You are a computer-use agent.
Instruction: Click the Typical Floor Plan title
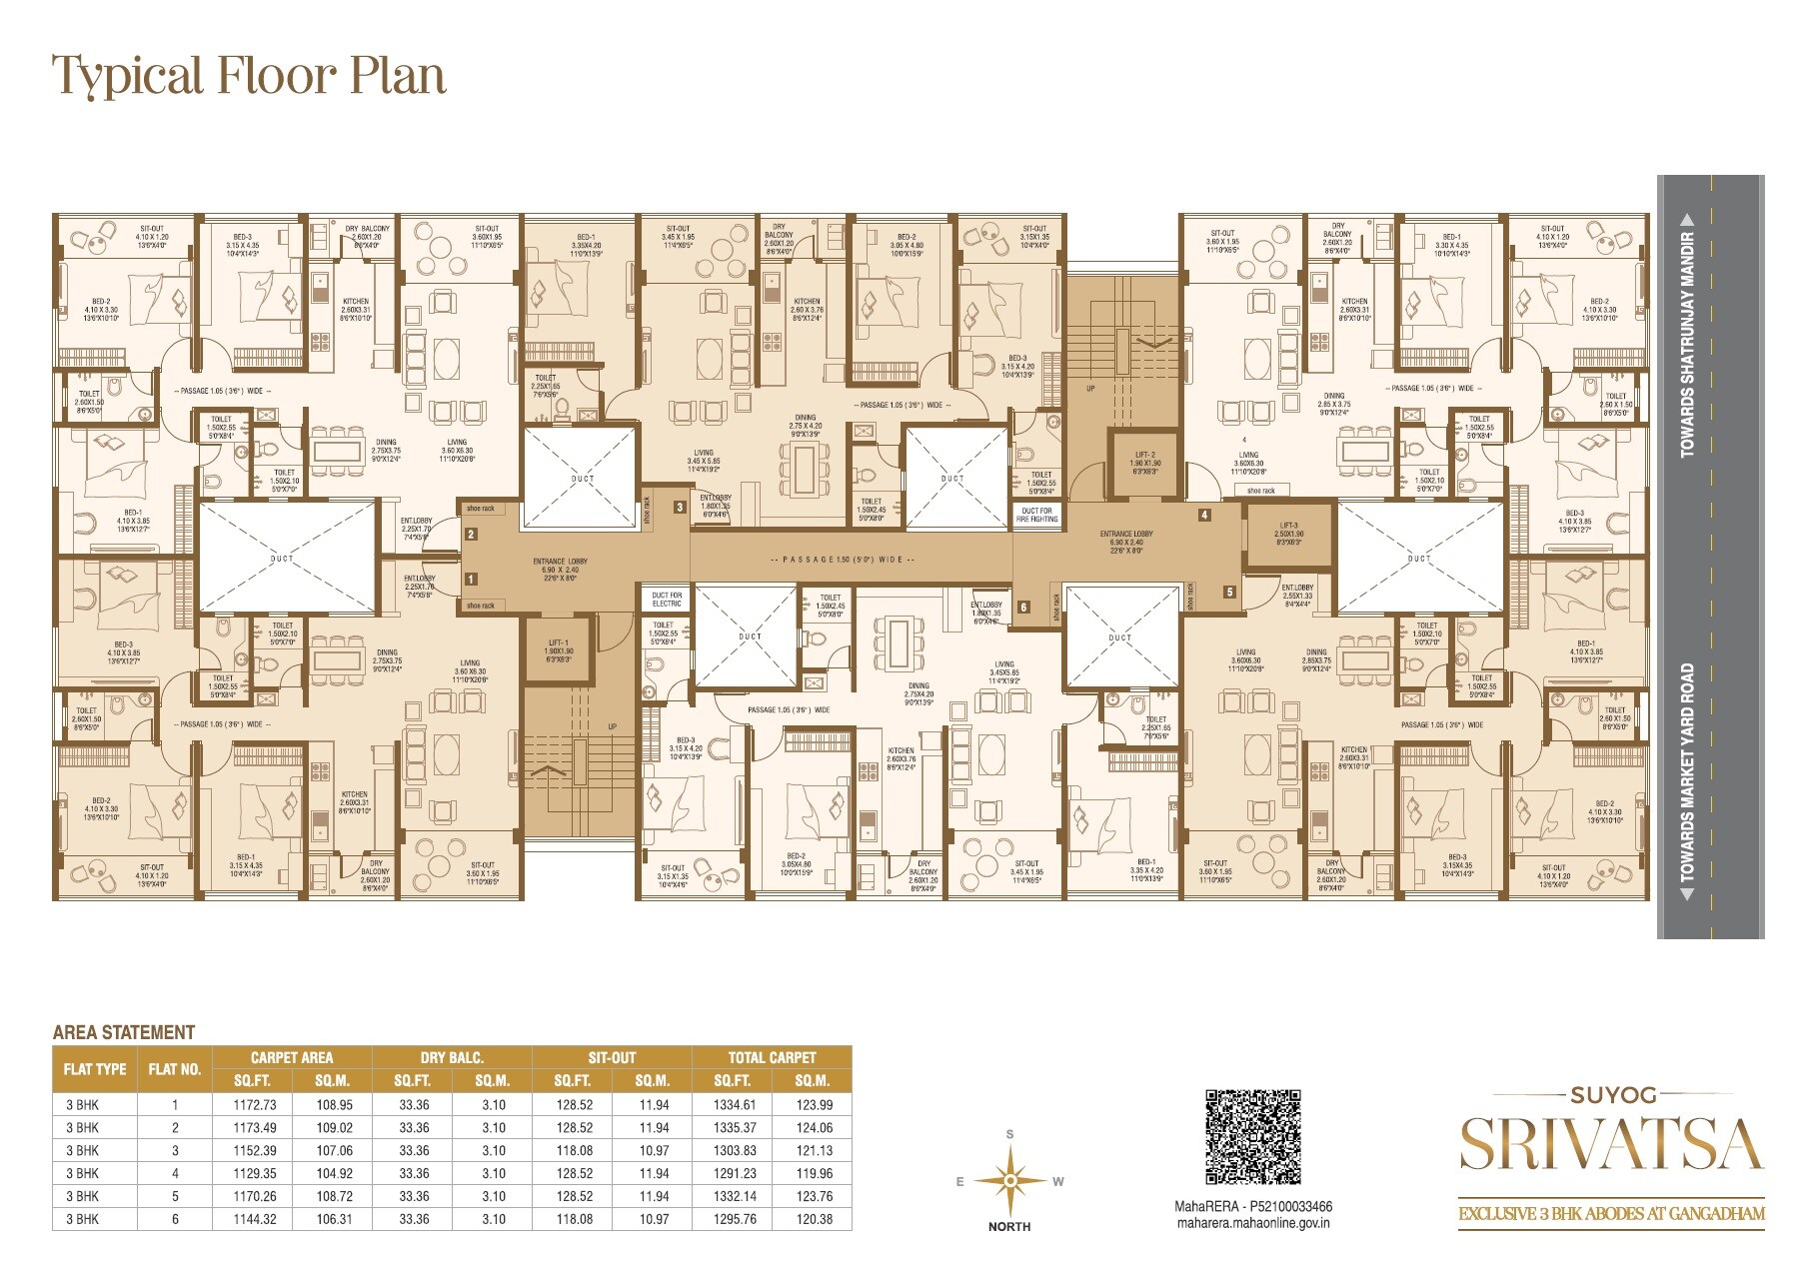pos(249,76)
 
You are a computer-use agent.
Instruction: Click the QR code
pos(1252,1137)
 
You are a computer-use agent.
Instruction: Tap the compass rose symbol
pos(1010,1180)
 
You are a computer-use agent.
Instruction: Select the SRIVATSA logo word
pos(1610,1145)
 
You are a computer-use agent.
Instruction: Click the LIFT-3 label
pos(1288,530)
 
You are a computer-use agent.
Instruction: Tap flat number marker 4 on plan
pos(1204,515)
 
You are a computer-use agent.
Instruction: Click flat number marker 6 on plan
pos(1023,607)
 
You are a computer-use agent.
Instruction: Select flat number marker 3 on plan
pos(680,507)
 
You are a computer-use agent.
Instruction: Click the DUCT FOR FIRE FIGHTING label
pos(1037,515)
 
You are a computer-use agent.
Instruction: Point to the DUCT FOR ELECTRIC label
pos(667,600)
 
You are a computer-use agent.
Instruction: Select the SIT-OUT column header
pos(613,1057)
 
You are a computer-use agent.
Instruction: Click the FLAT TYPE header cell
pos(95,1068)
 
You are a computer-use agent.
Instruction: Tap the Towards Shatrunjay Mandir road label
pos(1688,344)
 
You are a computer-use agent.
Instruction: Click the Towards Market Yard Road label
pos(1688,774)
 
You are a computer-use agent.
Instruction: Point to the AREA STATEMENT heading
pos(123,1032)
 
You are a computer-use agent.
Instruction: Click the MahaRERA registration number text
pos(1252,1207)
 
